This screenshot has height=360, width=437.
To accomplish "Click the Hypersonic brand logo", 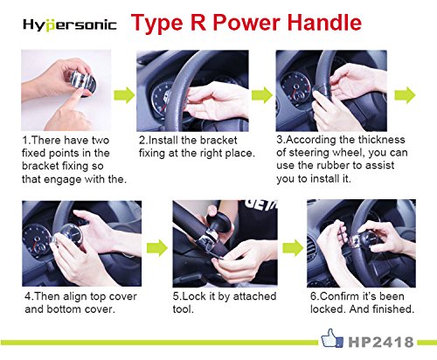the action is [x=70, y=24].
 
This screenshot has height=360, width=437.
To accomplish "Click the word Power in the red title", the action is [x=246, y=23].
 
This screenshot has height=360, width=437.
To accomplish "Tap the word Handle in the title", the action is [x=324, y=23].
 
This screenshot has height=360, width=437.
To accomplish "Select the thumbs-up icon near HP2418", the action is [x=332, y=338].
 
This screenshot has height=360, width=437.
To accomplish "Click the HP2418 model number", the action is [x=381, y=342].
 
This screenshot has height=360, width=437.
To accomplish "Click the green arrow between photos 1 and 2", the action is [x=124, y=94].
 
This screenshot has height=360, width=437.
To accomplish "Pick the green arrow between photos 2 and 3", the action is [x=262, y=94].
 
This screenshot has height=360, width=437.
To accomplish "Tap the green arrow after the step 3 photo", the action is [x=405, y=95].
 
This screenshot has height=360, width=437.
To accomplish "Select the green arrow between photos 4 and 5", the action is [x=157, y=247].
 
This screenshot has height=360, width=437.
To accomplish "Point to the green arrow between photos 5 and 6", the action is [x=293, y=247].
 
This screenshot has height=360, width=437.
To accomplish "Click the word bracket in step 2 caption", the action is [x=219, y=140].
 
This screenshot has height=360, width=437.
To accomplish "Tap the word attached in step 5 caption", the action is [x=254, y=296].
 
